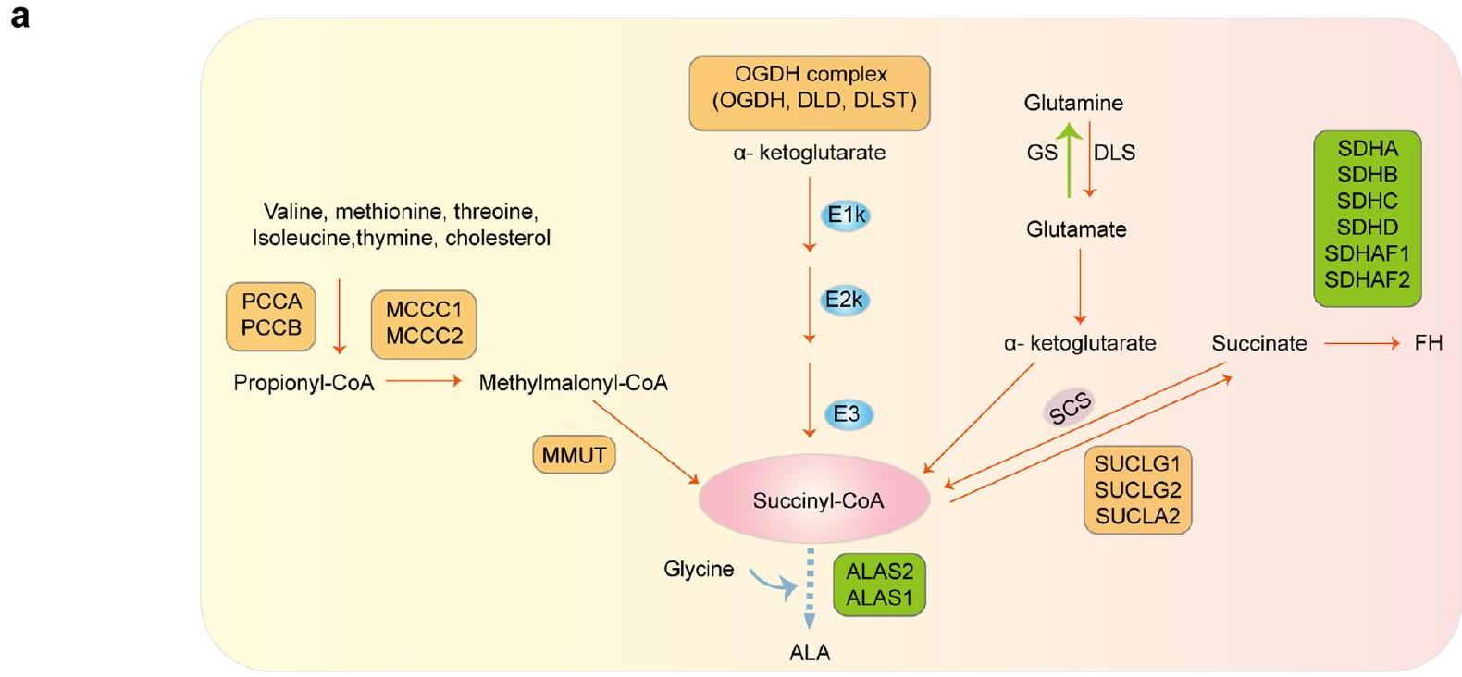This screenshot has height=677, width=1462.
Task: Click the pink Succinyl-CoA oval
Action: point(817,499)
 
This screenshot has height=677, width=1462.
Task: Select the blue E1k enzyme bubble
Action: point(846,215)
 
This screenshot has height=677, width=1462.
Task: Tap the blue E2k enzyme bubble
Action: point(845,301)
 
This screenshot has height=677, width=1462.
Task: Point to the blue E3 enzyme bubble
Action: point(847,414)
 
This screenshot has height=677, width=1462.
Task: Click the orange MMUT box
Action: point(575,455)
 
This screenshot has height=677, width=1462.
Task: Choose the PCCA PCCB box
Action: point(271,315)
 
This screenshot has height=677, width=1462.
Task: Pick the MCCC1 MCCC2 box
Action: point(424,324)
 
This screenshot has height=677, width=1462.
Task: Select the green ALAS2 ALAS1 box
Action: point(879,585)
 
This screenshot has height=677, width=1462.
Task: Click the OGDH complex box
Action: point(810,94)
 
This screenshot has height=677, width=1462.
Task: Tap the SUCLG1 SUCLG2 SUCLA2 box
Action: point(1137,490)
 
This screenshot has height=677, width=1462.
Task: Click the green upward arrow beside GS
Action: point(1070,162)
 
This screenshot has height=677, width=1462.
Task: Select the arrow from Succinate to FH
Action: point(1361,344)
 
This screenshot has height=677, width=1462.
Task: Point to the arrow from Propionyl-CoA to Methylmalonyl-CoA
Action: point(424,381)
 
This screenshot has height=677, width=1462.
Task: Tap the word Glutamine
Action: point(1073,103)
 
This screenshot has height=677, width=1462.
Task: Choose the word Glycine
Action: point(699,569)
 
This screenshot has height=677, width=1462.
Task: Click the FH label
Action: point(1428,344)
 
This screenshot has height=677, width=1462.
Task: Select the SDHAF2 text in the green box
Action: point(1367,279)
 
